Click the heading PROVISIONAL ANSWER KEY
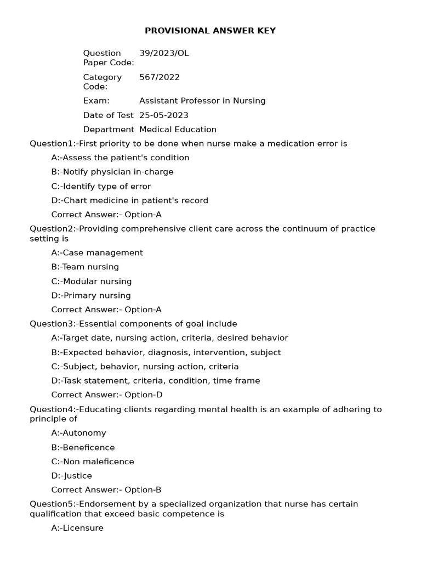click(x=210, y=31)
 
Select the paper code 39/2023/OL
click(x=164, y=53)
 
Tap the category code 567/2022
click(x=160, y=77)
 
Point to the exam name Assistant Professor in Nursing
click(x=202, y=101)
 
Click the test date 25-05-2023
click(x=164, y=115)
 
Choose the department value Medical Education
click(x=178, y=130)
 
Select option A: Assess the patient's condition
click(x=120, y=158)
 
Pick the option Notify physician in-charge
click(x=112, y=172)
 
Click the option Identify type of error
click(x=101, y=186)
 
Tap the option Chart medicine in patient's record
click(x=129, y=200)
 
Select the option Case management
click(x=97, y=253)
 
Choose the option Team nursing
click(x=85, y=267)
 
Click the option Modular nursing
click(x=92, y=282)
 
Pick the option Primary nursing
click(x=91, y=296)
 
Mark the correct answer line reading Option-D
click(x=107, y=395)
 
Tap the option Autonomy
click(x=78, y=433)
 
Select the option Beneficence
click(x=83, y=447)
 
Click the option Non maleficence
click(x=93, y=462)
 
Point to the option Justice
click(x=71, y=476)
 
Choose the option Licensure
click(x=77, y=528)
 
